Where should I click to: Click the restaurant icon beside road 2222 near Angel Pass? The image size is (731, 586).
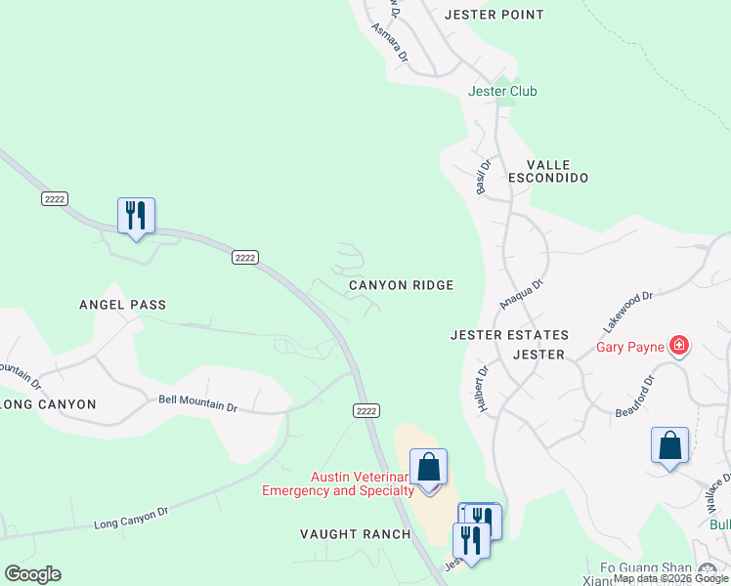tap(136, 216)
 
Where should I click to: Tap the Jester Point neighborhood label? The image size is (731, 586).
tap(493, 15)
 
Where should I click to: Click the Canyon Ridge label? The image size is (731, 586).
tap(402, 285)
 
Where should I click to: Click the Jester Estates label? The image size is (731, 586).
tap(508, 334)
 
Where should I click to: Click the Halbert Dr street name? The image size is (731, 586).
tap(483, 390)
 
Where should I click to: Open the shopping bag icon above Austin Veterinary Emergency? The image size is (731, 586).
tap(428, 467)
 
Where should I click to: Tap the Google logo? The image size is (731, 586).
tap(32, 574)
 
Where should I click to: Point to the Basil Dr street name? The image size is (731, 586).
tap(483, 176)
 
